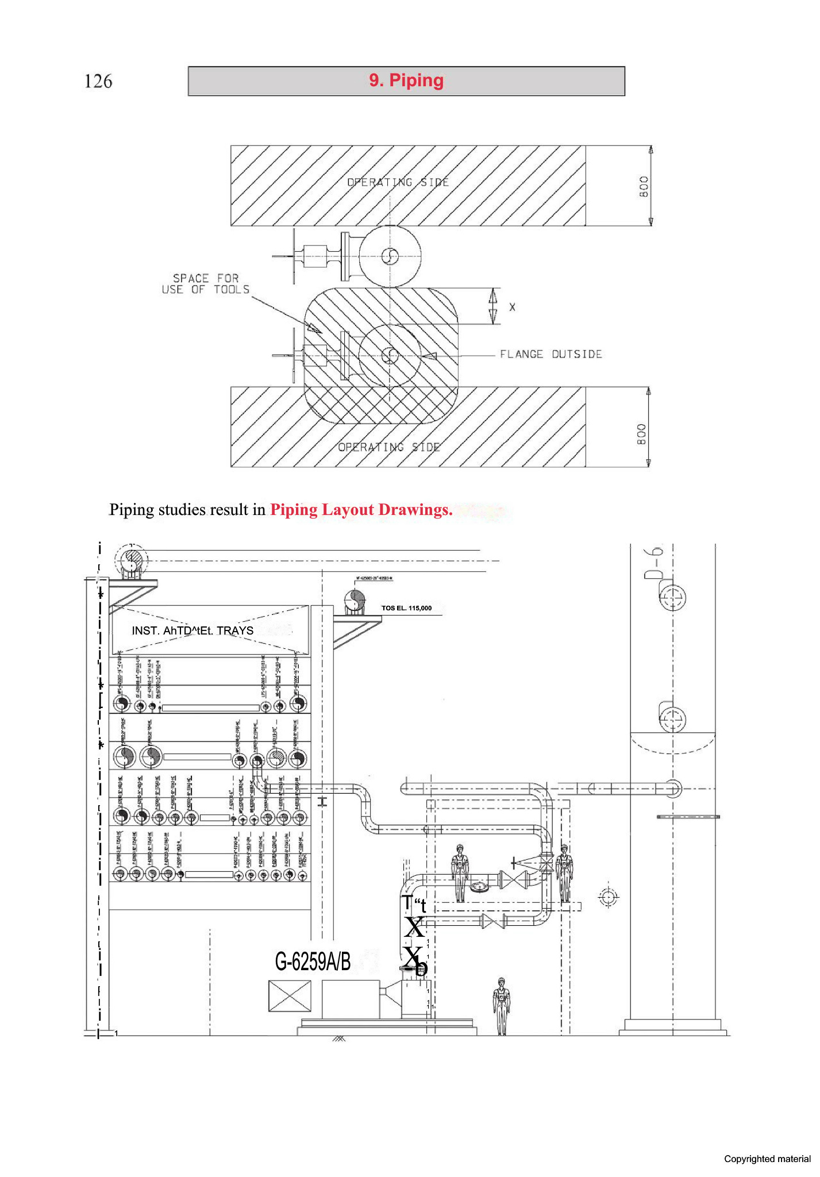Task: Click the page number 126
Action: coord(98,81)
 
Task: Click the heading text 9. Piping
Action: coord(406,80)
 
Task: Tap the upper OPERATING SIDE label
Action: coord(398,182)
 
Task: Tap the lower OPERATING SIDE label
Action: coord(389,447)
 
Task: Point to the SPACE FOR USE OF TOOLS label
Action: coord(206,284)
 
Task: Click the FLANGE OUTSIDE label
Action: coord(550,354)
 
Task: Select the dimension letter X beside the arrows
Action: coord(512,307)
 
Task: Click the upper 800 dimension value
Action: coord(644,186)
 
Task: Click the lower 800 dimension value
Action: coord(642,434)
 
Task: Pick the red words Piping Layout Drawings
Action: coord(361,510)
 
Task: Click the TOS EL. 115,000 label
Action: coord(406,608)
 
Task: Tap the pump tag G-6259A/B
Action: coord(313,961)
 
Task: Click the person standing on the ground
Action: coord(502,1006)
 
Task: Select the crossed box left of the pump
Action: coord(290,995)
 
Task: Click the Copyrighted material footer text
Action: coord(767,1159)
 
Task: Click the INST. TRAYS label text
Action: coord(193,630)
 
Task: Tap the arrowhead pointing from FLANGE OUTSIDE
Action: coord(429,356)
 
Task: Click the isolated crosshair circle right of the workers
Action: coord(608,897)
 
